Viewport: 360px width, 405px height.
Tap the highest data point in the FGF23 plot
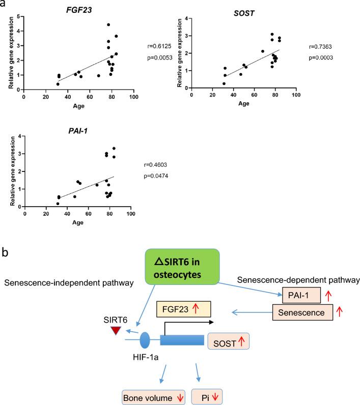(108, 24)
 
